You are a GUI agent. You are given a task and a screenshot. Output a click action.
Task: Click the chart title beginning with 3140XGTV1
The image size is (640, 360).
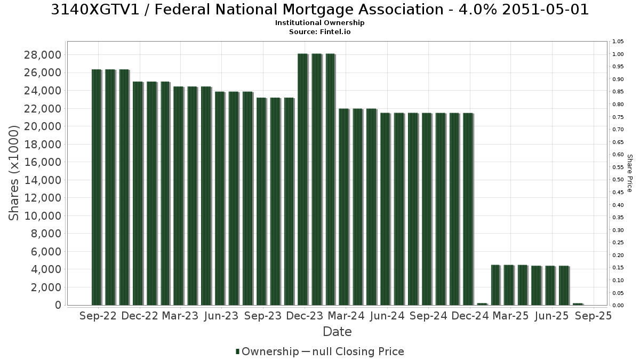coord(319,10)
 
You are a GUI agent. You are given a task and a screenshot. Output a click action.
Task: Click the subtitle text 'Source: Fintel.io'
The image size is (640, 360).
coord(319,31)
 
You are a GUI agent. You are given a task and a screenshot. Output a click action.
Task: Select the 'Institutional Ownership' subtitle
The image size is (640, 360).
coord(319,23)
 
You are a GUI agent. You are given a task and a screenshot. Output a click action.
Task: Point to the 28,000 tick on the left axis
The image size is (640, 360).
coord(43,55)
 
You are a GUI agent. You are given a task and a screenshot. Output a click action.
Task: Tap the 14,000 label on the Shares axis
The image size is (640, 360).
coord(43,180)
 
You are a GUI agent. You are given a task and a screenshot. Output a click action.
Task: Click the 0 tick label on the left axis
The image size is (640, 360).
coord(58,305)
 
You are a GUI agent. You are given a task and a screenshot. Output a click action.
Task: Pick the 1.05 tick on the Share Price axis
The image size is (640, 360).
coord(618,42)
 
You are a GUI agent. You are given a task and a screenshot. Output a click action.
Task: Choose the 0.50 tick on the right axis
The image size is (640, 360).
coord(618,180)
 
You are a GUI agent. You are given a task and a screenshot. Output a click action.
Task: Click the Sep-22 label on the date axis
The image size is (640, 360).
coord(98,316)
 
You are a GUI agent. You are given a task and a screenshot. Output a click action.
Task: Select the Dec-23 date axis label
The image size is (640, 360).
coord(305,316)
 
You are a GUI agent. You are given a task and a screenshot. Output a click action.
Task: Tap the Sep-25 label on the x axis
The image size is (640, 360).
coord(594,316)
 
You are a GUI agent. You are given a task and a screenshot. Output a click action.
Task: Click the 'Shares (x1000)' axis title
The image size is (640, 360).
coord(14,173)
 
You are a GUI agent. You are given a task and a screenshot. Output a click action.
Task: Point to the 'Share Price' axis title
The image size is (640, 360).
coord(629,173)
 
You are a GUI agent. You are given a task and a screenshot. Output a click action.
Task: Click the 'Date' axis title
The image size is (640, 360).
coord(337,332)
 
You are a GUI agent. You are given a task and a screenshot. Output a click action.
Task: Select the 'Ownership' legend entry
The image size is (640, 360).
coord(267,351)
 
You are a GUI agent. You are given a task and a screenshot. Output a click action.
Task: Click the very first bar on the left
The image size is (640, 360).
coord(97,187)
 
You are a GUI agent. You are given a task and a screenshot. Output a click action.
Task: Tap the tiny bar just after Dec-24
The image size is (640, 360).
coord(482,305)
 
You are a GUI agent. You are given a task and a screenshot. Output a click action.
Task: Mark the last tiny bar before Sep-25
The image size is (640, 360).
coord(578,305)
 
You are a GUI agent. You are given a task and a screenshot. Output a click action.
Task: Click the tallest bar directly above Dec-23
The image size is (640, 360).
coord(303,179)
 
